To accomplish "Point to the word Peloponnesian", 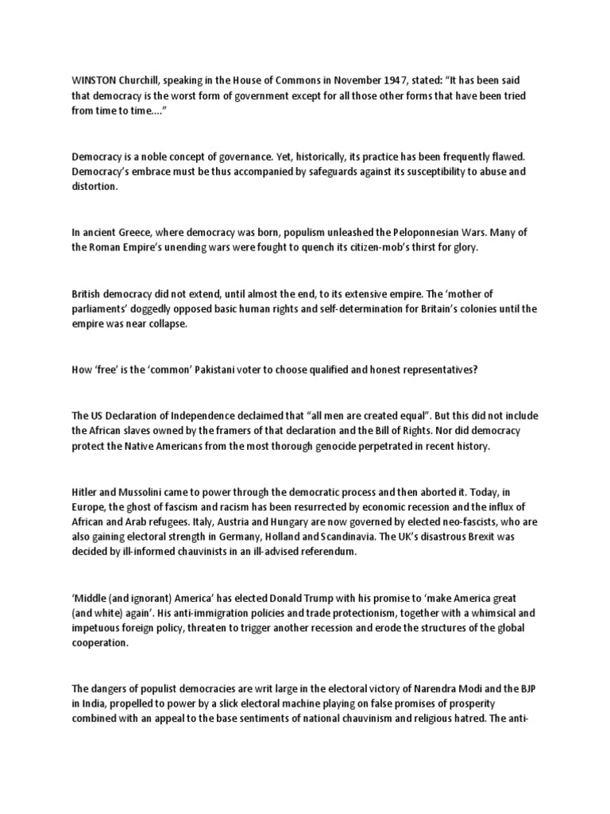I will (434, 232).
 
